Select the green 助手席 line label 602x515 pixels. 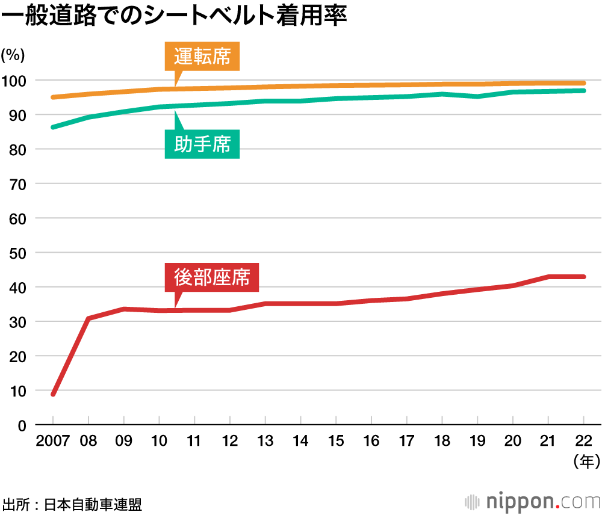tap(202, 144)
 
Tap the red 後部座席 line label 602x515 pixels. tap(211, 277)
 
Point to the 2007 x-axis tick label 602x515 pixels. tap(53, 441)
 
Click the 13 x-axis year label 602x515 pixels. tap(265, 441)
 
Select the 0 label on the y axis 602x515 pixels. tap(22, 425)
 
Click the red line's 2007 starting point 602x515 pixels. tap(54, 394)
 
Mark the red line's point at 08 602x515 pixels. tap(88, 318)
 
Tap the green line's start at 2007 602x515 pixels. tap(54, 127)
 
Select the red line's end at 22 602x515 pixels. tap(583, 277)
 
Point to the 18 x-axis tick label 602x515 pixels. tap(442, 441)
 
